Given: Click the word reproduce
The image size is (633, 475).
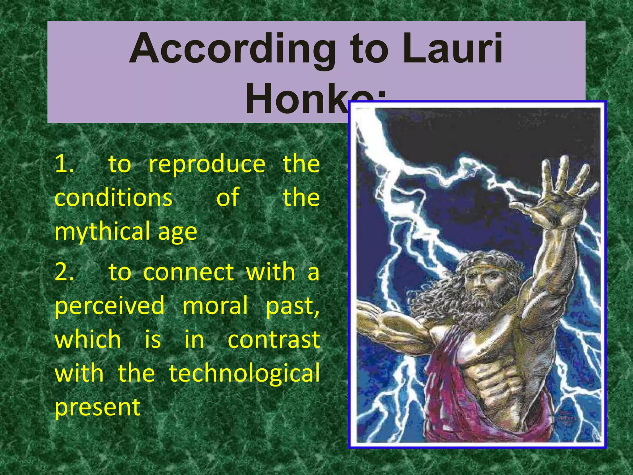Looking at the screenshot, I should click(x=207, y=165).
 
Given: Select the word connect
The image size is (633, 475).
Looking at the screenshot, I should click(x=189, y=272).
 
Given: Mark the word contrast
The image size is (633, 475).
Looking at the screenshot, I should click(x=274, y=340).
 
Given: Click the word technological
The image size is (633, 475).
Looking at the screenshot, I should click(x=244, y=373).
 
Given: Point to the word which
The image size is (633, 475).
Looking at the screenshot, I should click(x=88, y=340).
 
